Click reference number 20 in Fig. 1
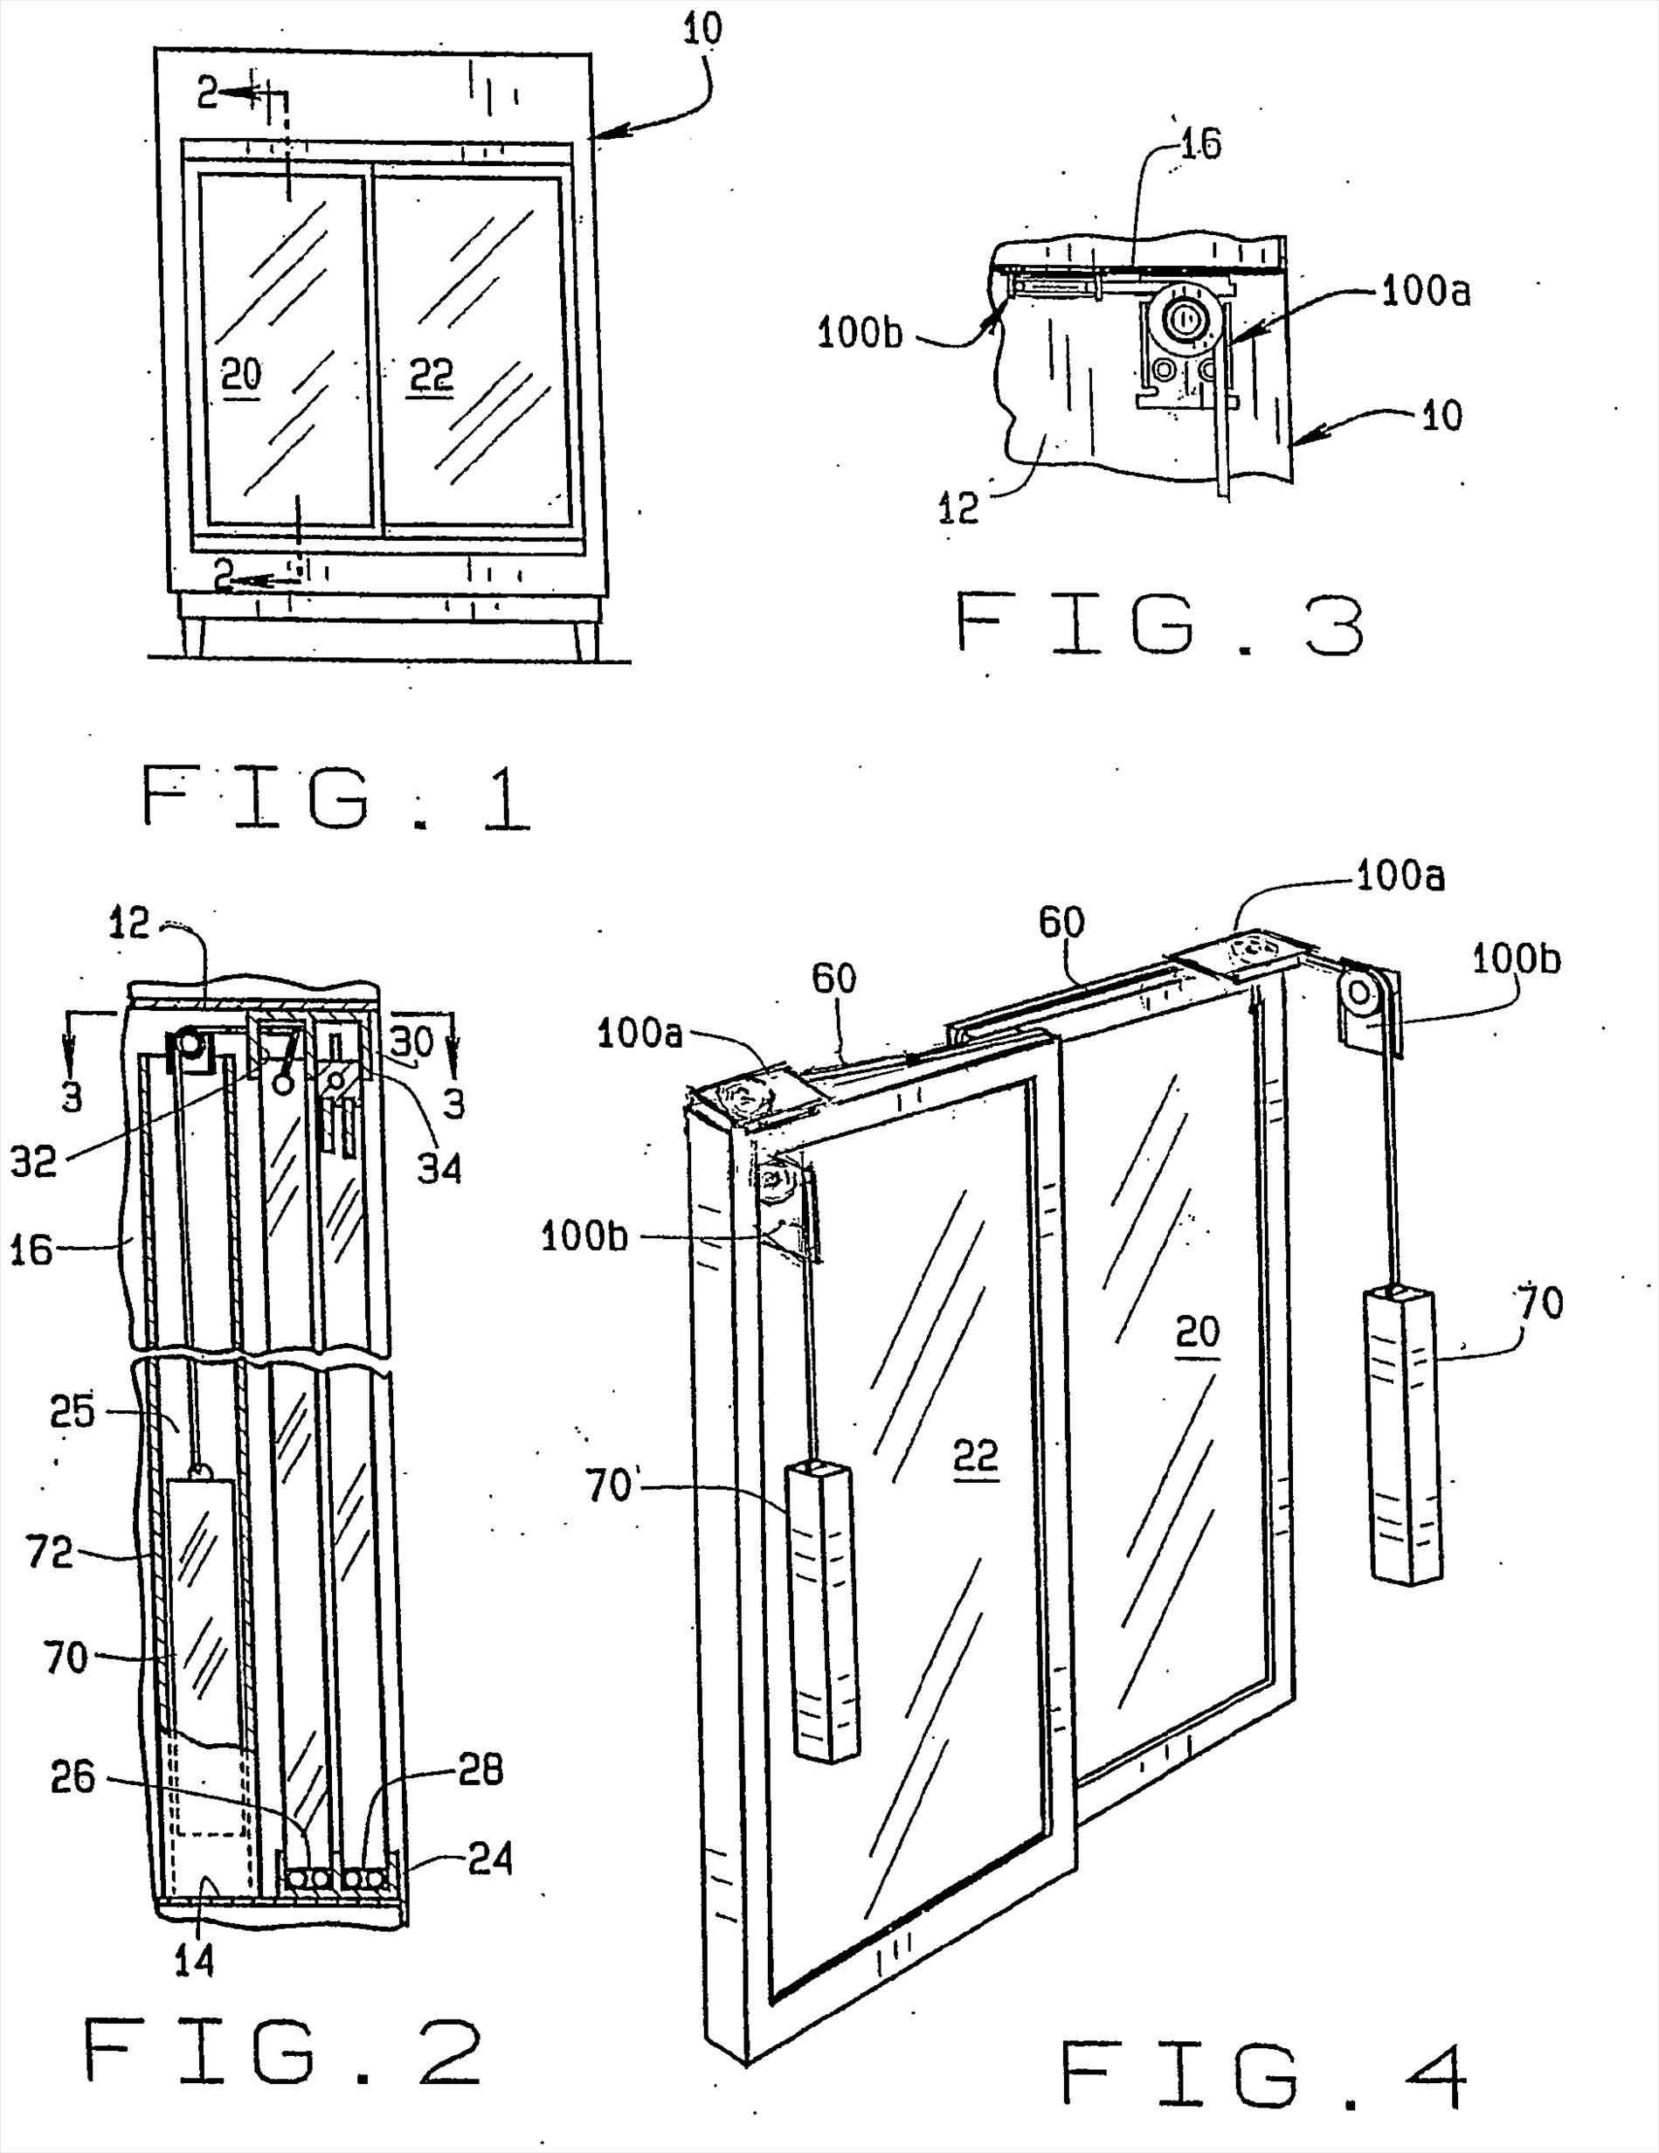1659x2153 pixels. (240, 375)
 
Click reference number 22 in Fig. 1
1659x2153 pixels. (431, 375)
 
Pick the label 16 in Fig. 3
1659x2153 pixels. (1199, 144)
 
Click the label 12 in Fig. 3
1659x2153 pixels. (957, 507)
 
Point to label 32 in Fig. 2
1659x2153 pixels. (34, 1162)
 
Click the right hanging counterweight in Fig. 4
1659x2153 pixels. (1403, 1436)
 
